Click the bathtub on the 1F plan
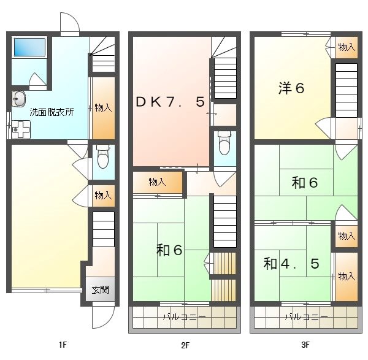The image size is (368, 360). click(x=29, y=47)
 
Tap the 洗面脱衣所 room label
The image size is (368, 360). click(x=52, y=112)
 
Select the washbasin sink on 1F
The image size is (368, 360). click(x=18, y=99)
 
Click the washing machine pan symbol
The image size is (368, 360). click(x=21, y=129)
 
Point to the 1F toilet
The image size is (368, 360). click(x=103, y=156)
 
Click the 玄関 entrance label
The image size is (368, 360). click(x=101, y=290)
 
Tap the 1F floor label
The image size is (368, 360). click(x=63, y=345)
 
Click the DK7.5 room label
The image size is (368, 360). click(x=171, y=102)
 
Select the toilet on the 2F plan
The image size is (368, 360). click(x=224, y=143)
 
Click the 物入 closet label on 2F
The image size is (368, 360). click(x=158, y=182)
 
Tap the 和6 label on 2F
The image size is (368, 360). click(x=169, y=250)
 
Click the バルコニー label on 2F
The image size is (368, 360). click(x=185, y=317)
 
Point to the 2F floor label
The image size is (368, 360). click(x=185, y=345)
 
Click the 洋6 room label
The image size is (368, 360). click(x=291, y=88)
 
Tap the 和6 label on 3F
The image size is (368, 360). click(x=305, y=182)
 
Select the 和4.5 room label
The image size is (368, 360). click(x=291, y=264)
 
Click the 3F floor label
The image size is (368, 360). click(x=305, y=345)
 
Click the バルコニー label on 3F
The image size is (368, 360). click(x=307, y=317)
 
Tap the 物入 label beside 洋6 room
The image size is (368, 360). click(x=347, y=47)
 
